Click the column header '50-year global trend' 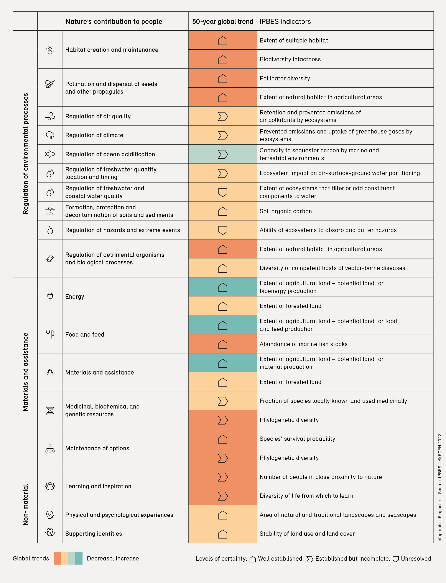pyautogui.click(x=222, y=21)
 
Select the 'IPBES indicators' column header pyautogui.click(x=285, y=21)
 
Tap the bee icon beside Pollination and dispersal pyautogui.click(x=50, y=84)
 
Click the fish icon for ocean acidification pyautogui.click(x=50, y=154)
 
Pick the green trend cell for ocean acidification pyautogui.click(x=222, y=154)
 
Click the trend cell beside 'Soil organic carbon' pyautogui.click(x=222, y=211)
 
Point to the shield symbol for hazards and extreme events pyautogui.click(x=222, y=230)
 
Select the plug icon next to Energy pyautogui.click(x=50, y=296)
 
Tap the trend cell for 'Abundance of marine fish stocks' pyautogui.click(x=222, y=344)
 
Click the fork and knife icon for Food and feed pyautogui.click(x=50, y=334)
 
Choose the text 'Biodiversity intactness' pyautogui.click(x=290, y=59)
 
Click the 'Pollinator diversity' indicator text pyautogui.click(x=285, y=78)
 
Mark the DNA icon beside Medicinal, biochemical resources pyautogui.click(x=50, y=410)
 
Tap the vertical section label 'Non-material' pyautogui.click(x=25, y=505)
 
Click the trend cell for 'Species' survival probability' pyautogui.click(x=222, y=439)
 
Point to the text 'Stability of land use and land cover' pyautogui.click(x=307, y=534)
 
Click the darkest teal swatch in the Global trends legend pyautogui.click(x=79, y=558)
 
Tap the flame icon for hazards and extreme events pyautogui.click(x=50, y=230)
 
